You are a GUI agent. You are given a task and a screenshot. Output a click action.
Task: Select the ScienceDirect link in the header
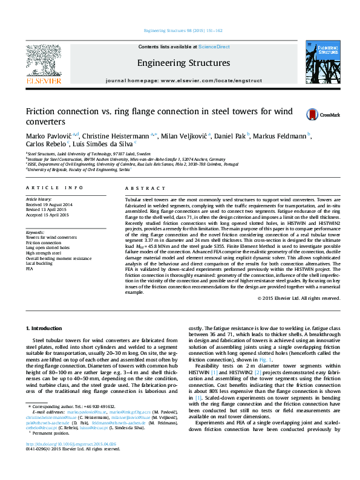214,47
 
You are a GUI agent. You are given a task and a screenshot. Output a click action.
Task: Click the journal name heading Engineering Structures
183,63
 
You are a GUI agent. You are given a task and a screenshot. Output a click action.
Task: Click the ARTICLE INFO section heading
54,189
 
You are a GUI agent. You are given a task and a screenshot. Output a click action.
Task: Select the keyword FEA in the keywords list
30,268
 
